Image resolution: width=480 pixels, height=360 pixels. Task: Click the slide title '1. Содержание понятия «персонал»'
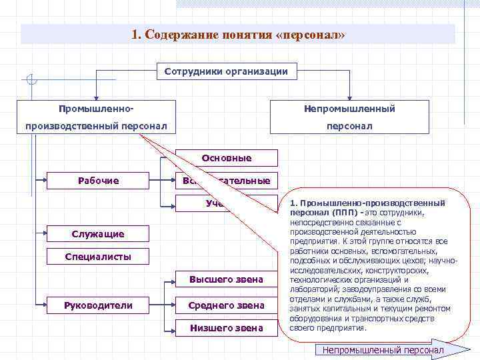tap(238, 34)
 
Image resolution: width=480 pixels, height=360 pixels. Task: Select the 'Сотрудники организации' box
tap(226, 71)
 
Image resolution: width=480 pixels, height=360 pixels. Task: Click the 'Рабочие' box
tap(98, 181)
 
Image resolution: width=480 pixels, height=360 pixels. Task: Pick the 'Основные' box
tap(227, 158)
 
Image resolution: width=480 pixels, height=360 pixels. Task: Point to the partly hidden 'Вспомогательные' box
tap(227, 181)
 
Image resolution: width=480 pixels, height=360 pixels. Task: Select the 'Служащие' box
tap(98, 234)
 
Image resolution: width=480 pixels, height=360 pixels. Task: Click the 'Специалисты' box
tap(98, 257)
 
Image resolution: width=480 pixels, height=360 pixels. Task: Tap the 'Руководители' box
tap(98, 305)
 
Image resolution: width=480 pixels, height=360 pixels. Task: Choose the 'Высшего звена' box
tap(226, 279)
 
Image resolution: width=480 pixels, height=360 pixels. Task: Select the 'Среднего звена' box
tap(226, 305)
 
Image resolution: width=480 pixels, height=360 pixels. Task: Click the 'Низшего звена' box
tap(226, 328)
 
